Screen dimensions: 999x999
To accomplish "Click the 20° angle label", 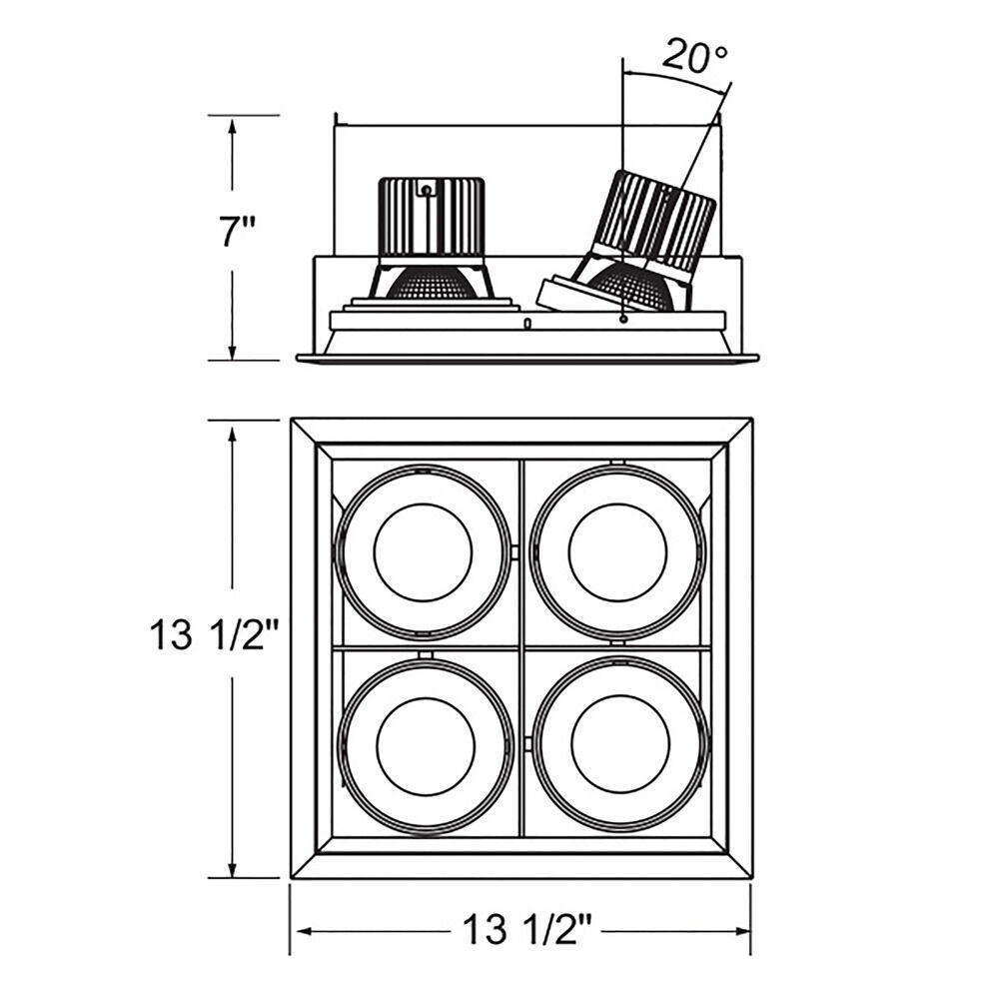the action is [x=695, y=57].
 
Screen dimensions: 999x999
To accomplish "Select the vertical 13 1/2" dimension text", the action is [x=215, y=635].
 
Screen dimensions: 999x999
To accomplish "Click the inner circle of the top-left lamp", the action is [x=423, y=551].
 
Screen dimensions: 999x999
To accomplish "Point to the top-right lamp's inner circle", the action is [x=618, y=551].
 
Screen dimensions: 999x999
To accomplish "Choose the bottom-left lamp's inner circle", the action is [x=426, y=746].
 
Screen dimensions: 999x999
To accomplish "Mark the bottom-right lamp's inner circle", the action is [x=620, y=746].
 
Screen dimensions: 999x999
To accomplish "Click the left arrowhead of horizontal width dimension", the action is [x=304, y=931].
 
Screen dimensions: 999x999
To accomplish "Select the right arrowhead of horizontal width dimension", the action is [x=743, y=931].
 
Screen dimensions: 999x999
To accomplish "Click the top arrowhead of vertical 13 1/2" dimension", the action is [x=232, y=436].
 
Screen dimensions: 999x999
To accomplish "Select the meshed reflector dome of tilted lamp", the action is [x=629, y=287].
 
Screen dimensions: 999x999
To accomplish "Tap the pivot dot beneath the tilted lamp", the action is [x=623, y=319].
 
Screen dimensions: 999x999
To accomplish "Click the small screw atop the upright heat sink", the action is [x=426, y=189].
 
